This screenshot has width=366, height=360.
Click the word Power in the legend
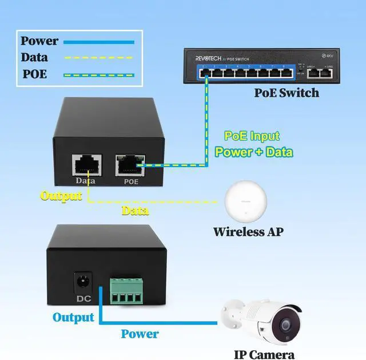coord(39,41)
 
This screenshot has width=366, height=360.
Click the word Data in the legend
coord(34,58)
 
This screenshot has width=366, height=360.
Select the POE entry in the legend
coord(34,74)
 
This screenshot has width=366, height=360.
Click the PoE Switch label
coord(287,93)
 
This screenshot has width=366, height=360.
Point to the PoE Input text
coord(252,136)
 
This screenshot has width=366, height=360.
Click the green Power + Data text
coord(253,152)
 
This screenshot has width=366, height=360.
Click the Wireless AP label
coord(248,232)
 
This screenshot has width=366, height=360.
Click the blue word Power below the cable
coord(140,334)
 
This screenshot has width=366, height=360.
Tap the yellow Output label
coord(61,196)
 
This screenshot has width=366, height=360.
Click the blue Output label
coord(73,317)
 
